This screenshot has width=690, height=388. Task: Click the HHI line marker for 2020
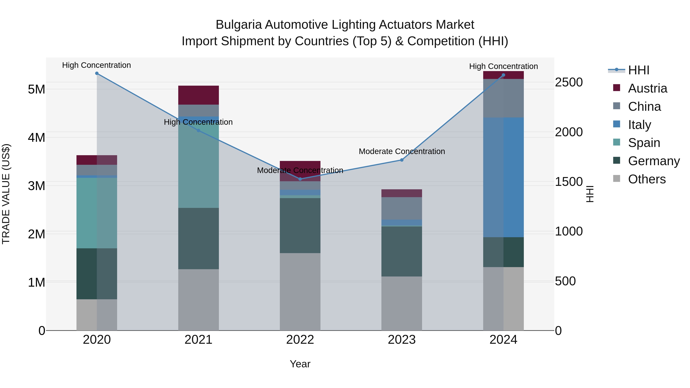click(x=97, y=73)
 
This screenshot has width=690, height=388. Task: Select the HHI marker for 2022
click(x=300, y=179)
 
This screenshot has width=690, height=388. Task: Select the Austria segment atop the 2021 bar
click(x=199, y=95)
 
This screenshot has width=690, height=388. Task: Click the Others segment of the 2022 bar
click(x=300, y=292)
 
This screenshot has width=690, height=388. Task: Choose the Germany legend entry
click(x=654, y=161)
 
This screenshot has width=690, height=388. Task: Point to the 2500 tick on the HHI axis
click(x=568, y=82)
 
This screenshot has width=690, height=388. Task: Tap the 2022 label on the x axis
click(x=300, y=340)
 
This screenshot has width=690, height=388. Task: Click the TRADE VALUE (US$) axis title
click(x=6, y=194)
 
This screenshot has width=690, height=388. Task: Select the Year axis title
click(x=300, y=364)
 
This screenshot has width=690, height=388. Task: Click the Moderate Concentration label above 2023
click(x=402, y=151)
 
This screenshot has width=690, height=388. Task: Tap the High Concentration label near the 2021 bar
click(x=198, y=122)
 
